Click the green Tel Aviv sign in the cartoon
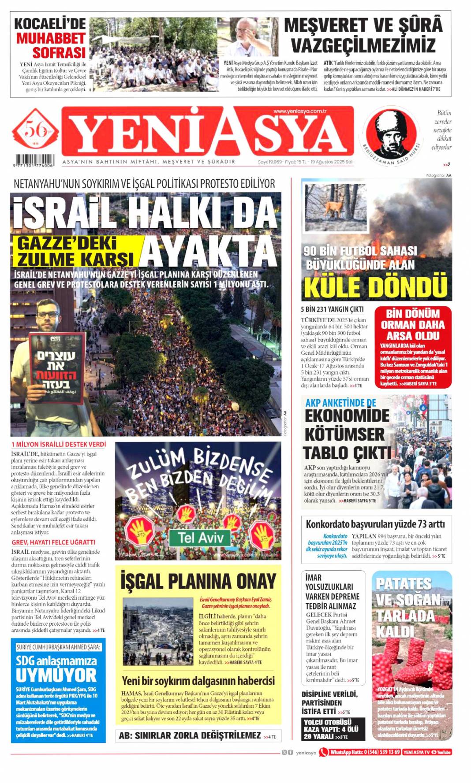pos(201,538)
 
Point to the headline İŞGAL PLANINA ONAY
pos(198,581)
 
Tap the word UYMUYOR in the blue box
pos(56,675)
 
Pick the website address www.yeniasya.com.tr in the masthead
pos(299,111)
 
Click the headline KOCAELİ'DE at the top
pos(50,23)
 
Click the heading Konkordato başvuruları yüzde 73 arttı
pos(375,524)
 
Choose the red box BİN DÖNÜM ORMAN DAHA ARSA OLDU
pos(413,325)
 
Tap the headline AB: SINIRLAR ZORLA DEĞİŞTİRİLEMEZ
pos(190,735)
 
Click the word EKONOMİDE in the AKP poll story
pos(347,416)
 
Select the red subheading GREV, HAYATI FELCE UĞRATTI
pos(53,542)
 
